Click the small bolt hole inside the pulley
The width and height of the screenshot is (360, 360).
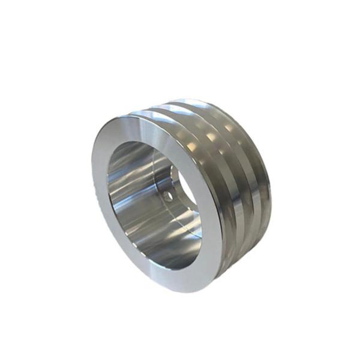(167, 196)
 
